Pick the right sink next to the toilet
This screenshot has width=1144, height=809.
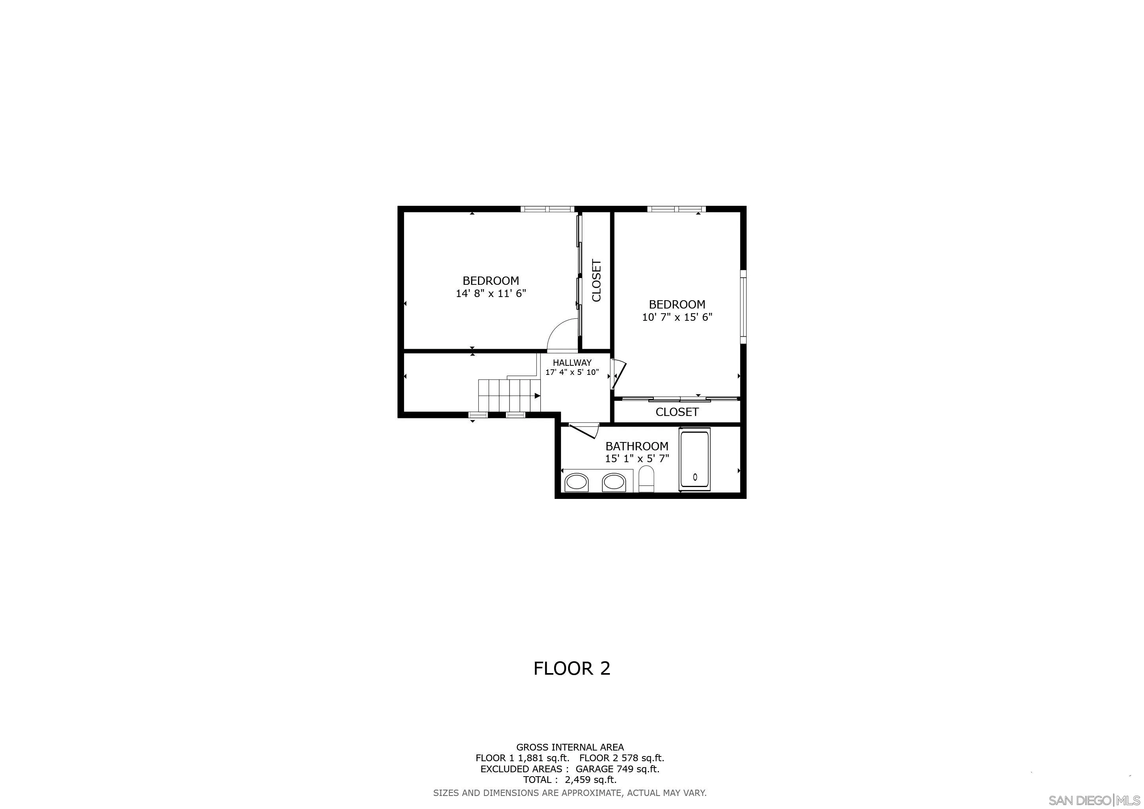[x=613, y=482]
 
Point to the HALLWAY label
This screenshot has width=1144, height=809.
[x=572, y=363]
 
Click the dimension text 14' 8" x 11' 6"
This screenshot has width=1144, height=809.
[x=491, y=293]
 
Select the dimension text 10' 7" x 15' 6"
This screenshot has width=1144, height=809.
[x=677, y=317]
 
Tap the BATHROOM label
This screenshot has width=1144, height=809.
[x=637, y=446]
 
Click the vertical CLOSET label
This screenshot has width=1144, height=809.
[x=596, y=280]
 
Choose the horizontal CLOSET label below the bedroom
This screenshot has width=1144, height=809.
[x=677, y=412]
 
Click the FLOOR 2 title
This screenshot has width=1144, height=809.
[x=572, y=668]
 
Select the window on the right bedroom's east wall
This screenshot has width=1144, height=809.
[x=743, y=307]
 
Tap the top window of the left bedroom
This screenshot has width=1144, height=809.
[x=547, y=209]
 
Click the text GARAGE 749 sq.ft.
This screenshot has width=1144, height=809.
[x=617, y=769]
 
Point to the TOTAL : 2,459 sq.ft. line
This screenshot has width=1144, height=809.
[x=570, y=780]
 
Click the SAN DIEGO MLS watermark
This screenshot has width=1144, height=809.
[x=1096, y=800]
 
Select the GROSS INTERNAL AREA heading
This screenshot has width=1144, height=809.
[x=570, y=747]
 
